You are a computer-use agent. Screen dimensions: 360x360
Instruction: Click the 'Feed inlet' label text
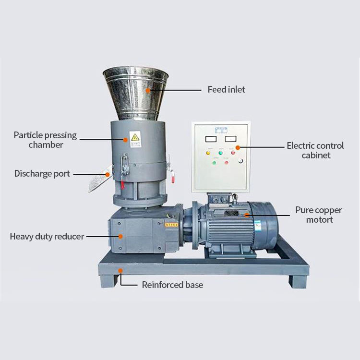click(x=226, y=89)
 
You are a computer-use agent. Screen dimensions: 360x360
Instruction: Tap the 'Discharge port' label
click(x=42, y=174)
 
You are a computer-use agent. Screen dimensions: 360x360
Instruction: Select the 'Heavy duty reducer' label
click(x=47, y=236)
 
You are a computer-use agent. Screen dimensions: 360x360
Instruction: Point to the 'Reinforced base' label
click(x=172, y=285)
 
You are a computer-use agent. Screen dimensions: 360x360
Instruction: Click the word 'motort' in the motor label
click(x=320, y=220)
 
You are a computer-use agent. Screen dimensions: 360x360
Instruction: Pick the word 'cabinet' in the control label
click(x=316, y=155)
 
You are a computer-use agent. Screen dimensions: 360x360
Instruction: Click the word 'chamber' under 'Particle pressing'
click(x=46, y=144)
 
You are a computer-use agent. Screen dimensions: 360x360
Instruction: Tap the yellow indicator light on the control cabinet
click(x=208, y=153)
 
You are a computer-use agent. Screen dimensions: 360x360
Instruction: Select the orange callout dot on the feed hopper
click(x=148, y=90)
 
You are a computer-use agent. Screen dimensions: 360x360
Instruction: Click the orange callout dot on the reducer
click(x=120, y=236)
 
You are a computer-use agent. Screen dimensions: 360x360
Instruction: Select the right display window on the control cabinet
click(x=231, y=139)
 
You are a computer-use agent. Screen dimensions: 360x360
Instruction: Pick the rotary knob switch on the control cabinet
click(x=240, y=161)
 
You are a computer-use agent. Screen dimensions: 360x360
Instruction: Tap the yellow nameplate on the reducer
click(x=171, y=224)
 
